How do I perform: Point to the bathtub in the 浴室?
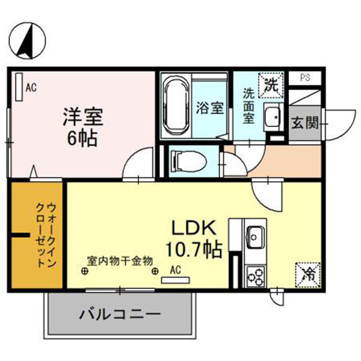[x=177, y=106]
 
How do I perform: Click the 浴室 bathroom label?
[x=210, y=108]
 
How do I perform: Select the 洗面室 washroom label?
[x=249, y=105]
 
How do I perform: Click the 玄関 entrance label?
[x=305, y=123]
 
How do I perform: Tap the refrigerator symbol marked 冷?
[x=307, y=275]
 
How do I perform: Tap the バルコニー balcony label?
[x=120, y=314]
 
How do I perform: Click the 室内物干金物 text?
[x=120, y=260]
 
